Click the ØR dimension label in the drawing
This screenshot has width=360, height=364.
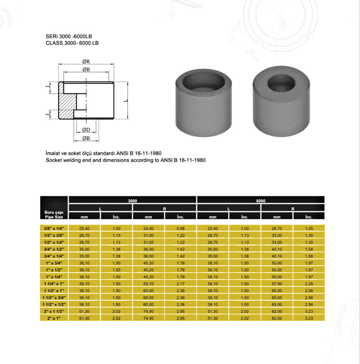pos(85,62)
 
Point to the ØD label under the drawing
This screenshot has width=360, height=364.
pos(86,130)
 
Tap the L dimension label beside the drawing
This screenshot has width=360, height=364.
pos(125,100)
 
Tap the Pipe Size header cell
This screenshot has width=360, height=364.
pos(54,215)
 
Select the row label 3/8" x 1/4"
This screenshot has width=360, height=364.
pos(54,228)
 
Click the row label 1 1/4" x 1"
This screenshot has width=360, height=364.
pos(54,284)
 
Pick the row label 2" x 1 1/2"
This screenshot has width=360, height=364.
pos(54,311)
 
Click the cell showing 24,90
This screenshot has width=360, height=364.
pos(149,228)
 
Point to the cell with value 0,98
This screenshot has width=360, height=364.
pos(181,228)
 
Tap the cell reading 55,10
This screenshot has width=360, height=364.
pos(149,284)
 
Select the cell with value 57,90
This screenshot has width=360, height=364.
pos(277,284)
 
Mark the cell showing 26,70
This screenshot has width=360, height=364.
pos(277,228)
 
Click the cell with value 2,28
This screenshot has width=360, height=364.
pos(309,284)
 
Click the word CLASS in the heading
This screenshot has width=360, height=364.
pos(54,43)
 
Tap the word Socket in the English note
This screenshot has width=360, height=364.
pos(54,160)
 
